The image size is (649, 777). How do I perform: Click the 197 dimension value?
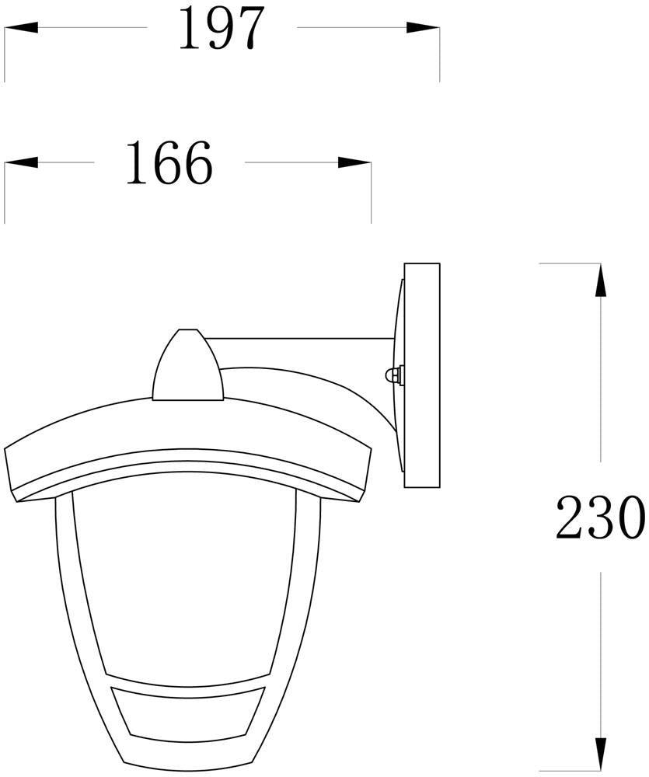[221, 29]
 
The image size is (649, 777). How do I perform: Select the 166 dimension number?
[169, 162]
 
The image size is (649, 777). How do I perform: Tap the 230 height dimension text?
[601, 517]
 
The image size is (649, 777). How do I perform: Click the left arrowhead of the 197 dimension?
[21, 27]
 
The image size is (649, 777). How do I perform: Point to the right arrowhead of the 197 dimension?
[423, 27]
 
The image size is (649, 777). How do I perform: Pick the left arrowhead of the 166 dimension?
[21, 162]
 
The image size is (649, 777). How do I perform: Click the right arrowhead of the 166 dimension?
[354, 162]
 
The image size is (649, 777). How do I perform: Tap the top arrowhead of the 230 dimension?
[600, 280]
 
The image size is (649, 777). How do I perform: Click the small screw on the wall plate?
[394, 375]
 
